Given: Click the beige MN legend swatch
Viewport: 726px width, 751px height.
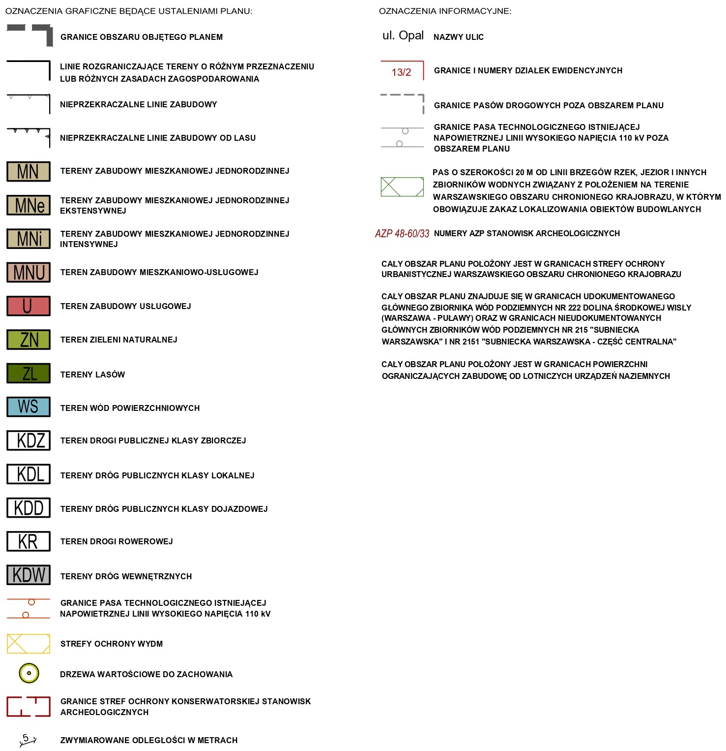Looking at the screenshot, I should (29, 171).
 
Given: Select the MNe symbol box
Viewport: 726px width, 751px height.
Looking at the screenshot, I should (29, 205).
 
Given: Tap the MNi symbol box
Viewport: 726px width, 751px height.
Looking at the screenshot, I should (29, 239).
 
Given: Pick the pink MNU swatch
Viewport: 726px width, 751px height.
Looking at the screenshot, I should (29, 272).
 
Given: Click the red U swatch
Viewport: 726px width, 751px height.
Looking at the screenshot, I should (29, 306).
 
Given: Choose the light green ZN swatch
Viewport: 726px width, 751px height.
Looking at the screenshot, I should (29, 340).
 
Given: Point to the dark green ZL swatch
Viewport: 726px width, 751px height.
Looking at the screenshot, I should (29, 374).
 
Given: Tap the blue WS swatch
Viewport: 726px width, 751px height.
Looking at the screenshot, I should (29, 407).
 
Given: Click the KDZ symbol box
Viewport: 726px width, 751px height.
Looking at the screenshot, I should (29, 440).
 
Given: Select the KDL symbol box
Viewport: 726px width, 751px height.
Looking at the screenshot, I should (29, 474).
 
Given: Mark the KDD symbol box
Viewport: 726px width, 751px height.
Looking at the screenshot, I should (29, 508).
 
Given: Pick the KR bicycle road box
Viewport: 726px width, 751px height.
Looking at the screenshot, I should (29, 541).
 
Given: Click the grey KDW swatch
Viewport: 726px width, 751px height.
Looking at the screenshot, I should (29, 575).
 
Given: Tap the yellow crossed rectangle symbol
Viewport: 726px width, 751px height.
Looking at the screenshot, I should (29, 644).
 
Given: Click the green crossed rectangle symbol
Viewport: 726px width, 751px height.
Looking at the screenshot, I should (402, 187).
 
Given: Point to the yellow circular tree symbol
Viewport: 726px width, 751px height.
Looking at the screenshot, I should (29, 673).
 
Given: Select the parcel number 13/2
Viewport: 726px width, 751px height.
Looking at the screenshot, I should (401, 72).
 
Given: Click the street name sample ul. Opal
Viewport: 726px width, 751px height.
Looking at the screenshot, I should (403, 35).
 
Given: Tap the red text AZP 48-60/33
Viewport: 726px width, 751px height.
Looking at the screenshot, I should (402, 234).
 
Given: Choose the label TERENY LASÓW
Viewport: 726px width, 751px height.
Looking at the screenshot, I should (92, 375).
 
